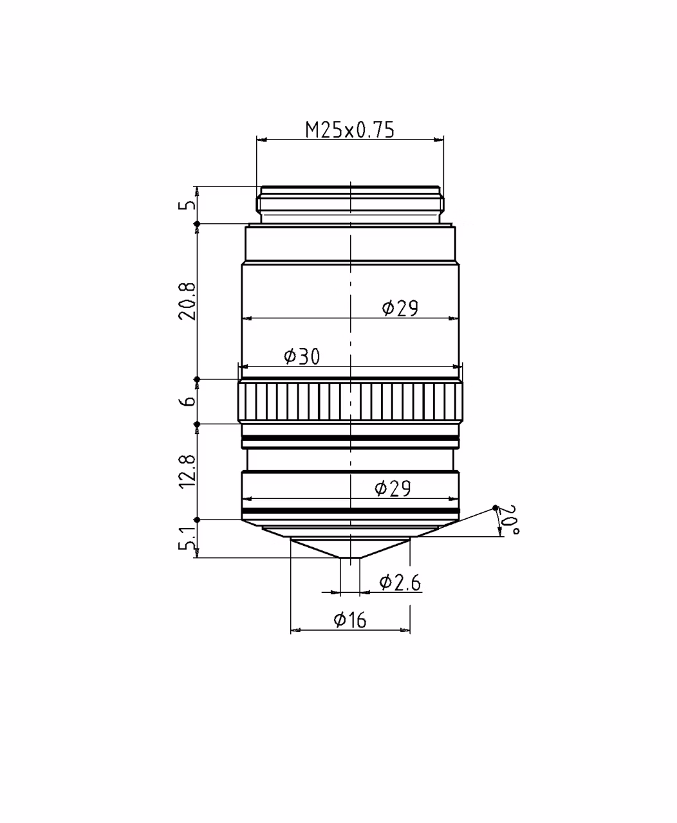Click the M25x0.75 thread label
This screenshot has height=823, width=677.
pyautogui.click(x=349, y=130)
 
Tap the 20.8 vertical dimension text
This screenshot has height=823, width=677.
pyautogui.click(x=187, y=302)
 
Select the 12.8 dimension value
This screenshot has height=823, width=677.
pyautogui.click(x=187, y=471)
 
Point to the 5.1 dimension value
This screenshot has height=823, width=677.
pyautogui.click(x=187, y=539)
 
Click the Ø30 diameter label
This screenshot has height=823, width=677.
pyautogui.click(x=302, y=356)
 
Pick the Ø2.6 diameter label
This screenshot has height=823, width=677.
pyautogui.click(x=400, y=583)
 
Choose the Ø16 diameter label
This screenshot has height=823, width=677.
pyautogui.click(x=350, y=620)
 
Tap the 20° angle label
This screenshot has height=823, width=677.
pyautogui.click(x=508, y=520)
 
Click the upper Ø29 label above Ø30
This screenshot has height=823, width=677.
pyautogui.click(x=400, y=308)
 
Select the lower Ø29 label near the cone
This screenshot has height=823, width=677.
pyautogui.click(x=393, y=488)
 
